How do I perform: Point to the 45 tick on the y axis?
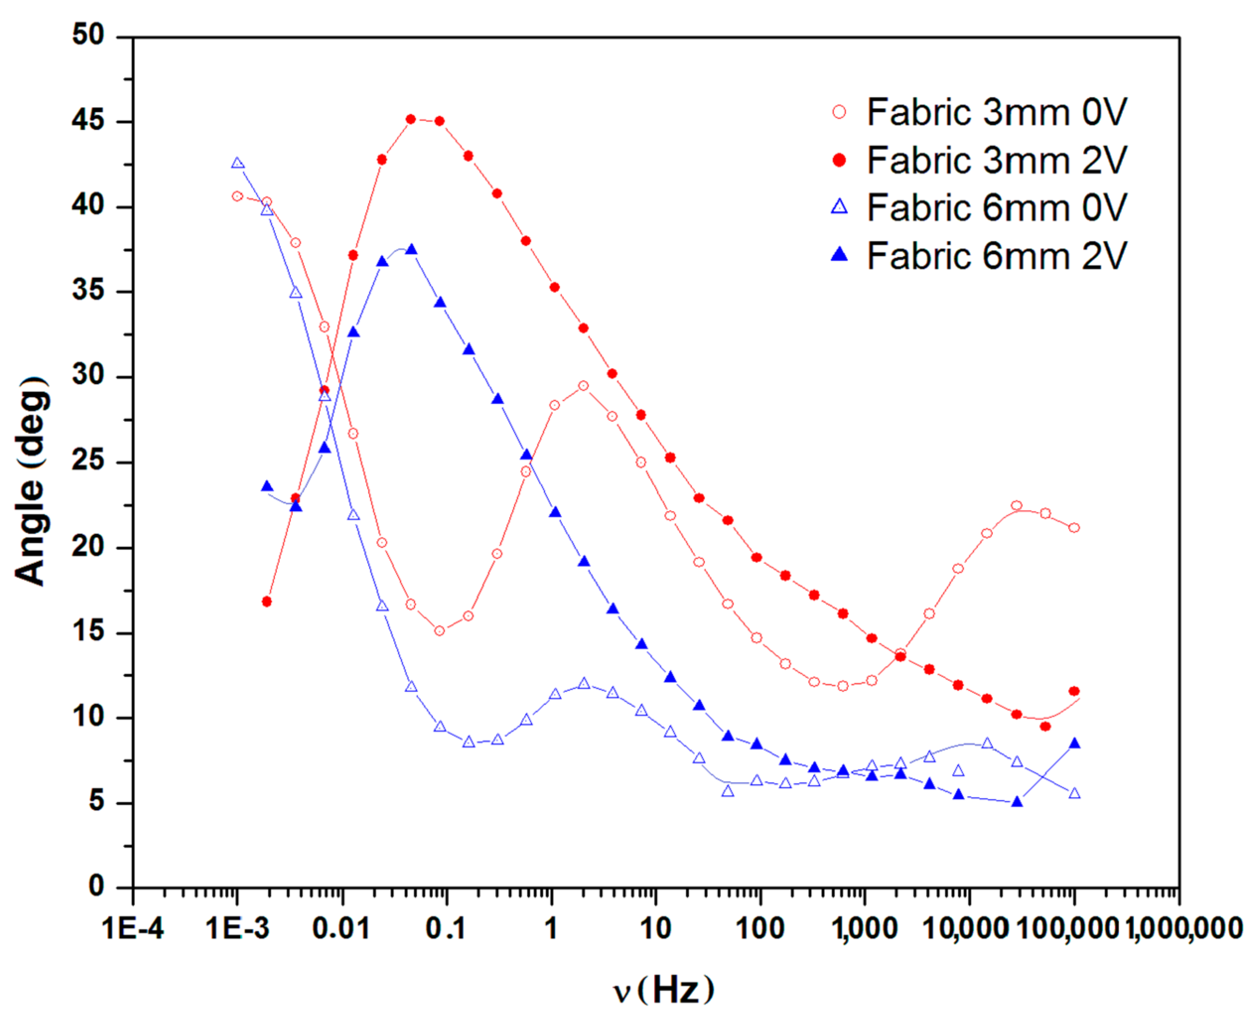pyautogui.click(x=88, y=121)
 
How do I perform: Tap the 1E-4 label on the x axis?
pyautogui.click(x=133, y=929)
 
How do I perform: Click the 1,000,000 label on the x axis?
pyautogui.click(x=1183, y=929)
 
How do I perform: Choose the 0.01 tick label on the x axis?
pyautogui.click(x=342, y=929)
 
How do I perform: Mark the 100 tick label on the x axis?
pyautogui.click(x=760, y=929)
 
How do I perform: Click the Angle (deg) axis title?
pyautogui.click(x=30, y=480)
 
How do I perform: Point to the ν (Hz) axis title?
pyautogui.click(x=664, y=990)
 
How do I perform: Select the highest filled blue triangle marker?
pyautogui.click(x=411, y=250)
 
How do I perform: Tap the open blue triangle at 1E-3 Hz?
pyautogui.click(x=237, y=163)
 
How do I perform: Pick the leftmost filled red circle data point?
pyautogui.click(x=266, y=602)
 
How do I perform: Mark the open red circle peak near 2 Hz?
pyautogui.click(x=583, y=386)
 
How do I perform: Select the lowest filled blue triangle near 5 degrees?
pyautogui.click(x=1017, y=802)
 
